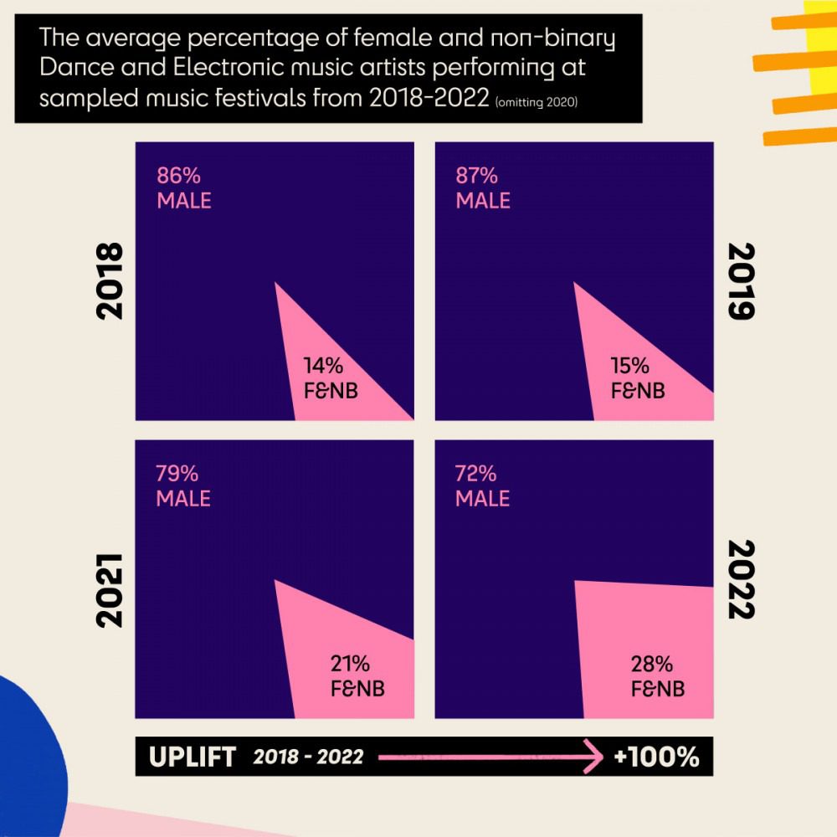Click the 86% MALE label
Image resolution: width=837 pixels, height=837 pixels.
(x=184, y=187)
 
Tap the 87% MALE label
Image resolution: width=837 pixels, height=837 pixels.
(x=483, y=187)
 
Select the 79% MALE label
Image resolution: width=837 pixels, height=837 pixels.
(x=183, y=485)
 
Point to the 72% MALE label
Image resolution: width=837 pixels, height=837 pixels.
(x=483, y=485)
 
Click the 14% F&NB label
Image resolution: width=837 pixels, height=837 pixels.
(x=331, y=378)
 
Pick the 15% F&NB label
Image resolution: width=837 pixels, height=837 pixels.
(x=638, y=378)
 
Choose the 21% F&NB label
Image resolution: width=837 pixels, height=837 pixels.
(x=357, y=675)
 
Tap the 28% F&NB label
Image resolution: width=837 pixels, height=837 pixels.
(x=658, y=675)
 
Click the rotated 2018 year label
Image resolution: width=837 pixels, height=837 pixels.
(x=110, y=281)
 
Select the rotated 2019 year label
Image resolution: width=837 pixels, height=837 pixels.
(x=742, y=281)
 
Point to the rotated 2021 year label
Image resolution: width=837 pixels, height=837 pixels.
(x=110, y=590)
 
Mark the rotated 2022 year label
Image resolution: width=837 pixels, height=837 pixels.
(x=742, y=580)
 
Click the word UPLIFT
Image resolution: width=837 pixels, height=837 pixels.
(x=193, y=757)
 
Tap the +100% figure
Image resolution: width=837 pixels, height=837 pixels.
(x=656, y=757)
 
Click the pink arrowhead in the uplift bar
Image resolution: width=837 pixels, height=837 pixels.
(x=593, y=757)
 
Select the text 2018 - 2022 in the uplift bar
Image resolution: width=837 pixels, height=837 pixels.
(x=308, y=757)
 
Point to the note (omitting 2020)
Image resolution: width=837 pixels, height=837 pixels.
(x=537, y=102)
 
